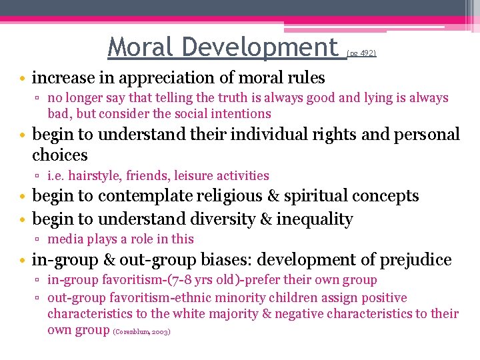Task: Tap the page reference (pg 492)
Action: (x=362, y=52)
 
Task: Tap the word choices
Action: (x=60, y=155)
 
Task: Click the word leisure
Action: (x=195, y=176)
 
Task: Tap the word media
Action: (x=65, y=239)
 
